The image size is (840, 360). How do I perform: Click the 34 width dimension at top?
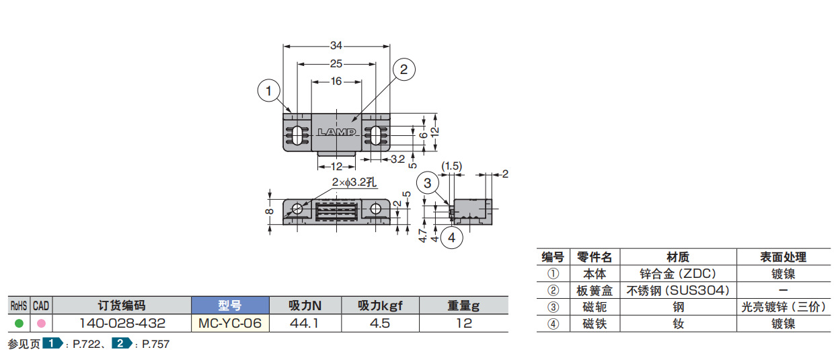pyautogui.click(x=336, y=46)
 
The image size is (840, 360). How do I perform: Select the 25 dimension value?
pyautogui.click(x=336, y=63)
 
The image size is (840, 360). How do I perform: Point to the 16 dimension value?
pyautogui.click(x=336, y=81)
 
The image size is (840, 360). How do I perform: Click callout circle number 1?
pyautogui.click(x=269, y=90)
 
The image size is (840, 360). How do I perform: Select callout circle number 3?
pyautogui.click(x=428, y=183)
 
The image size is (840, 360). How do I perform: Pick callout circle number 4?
pyautogui.click(x=452, y=237)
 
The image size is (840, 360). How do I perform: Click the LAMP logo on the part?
pyautogui.click(x=336, y=132)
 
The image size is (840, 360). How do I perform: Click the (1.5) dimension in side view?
pyautogui.click(x=451, y=166)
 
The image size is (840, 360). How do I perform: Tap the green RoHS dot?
pyautogui.click(x=19, y=323)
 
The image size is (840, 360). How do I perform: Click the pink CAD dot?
pyautogui.click(x=41, y=323)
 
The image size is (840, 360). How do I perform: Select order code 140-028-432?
pyautogui.click(x=122, y=323)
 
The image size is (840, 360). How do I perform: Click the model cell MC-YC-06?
pyautogui.click(x=230, y=323)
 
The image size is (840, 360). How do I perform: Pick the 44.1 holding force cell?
pyautogui.click(x=305, y=323)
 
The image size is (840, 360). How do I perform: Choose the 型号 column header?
pyautogui.click(x=230, y=305)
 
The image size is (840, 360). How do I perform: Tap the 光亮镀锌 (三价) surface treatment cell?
pyautogui.click(x=783, y=307)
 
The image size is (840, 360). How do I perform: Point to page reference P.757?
pyautogui.click(x=155, y=345)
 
